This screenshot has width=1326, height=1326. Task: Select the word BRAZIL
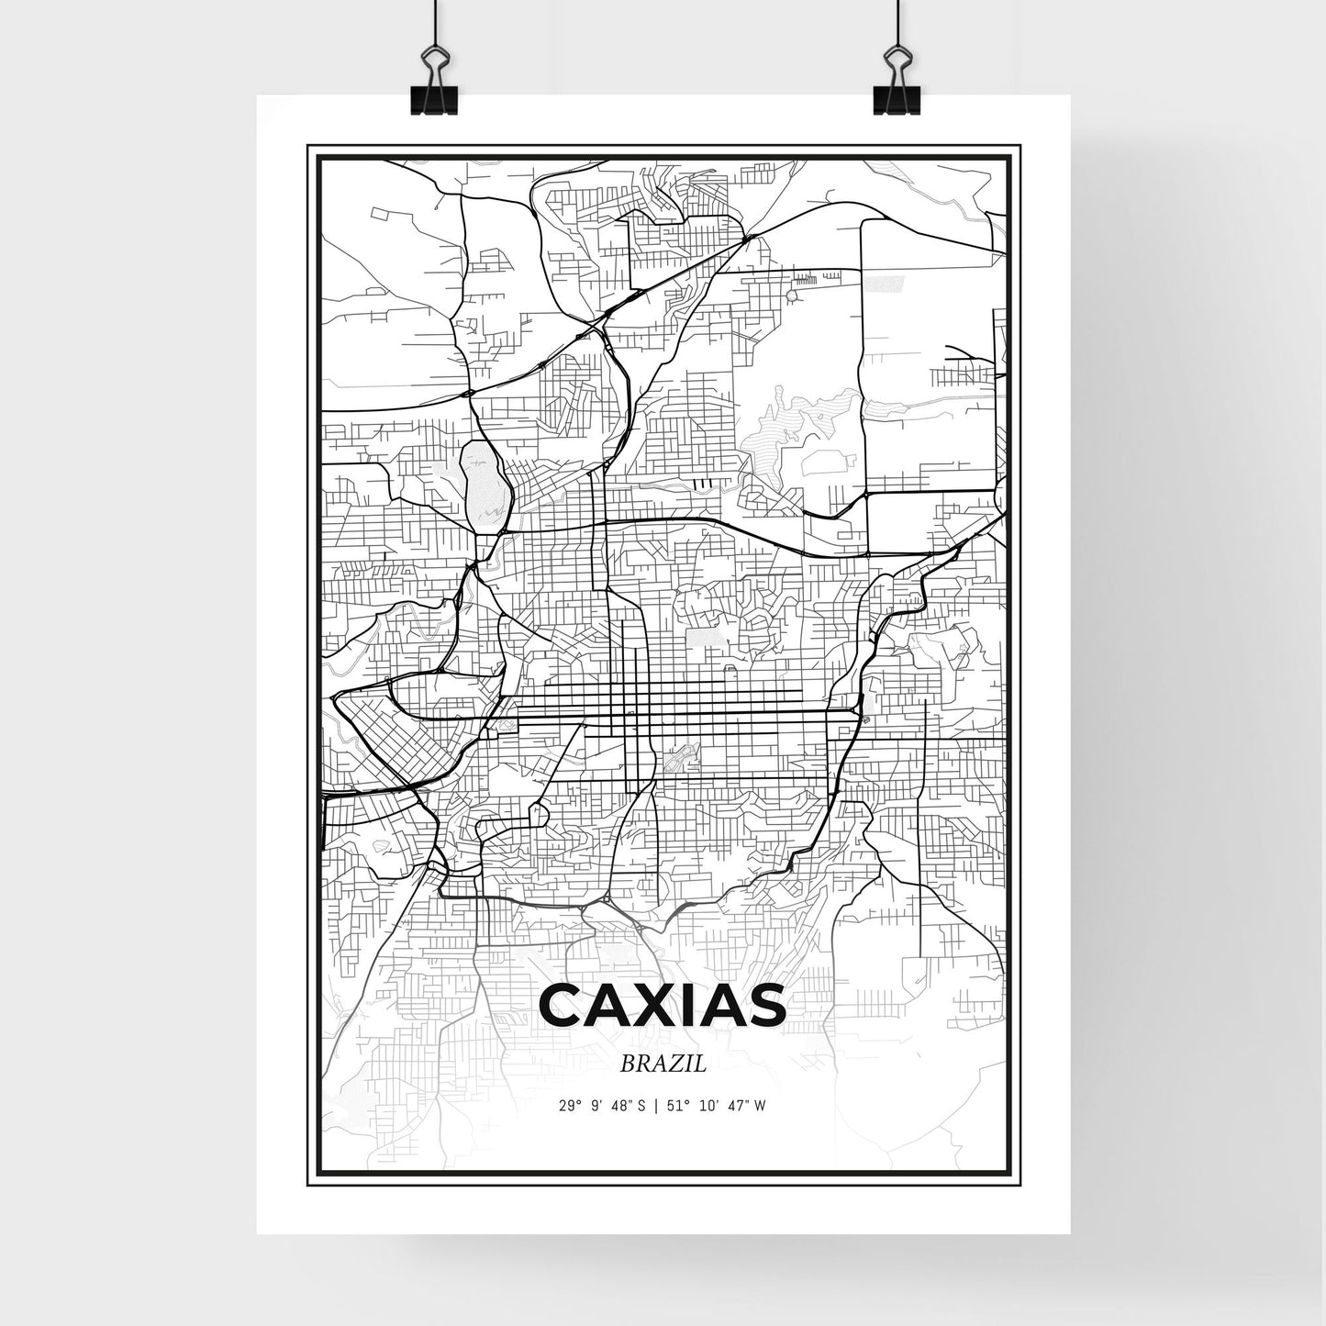[663, 1064]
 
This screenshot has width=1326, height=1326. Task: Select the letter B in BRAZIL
[627, 1064]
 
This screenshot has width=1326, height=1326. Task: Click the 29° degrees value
[570, 1106]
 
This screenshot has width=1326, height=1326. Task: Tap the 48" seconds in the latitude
[620, 1106]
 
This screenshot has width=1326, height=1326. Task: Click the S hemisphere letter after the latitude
[641, 1106]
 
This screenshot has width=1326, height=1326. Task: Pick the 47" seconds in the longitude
[734, 1106]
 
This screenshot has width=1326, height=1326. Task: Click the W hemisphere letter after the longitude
[759, 1106]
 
